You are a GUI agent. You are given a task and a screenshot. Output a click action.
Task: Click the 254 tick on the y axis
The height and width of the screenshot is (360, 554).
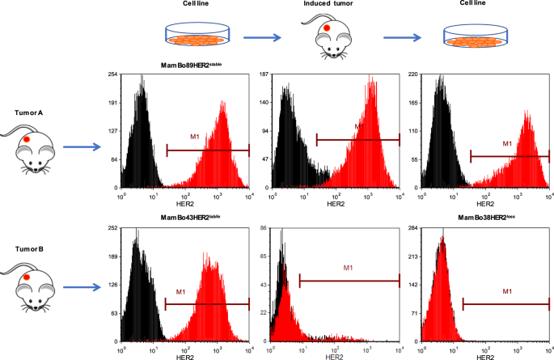[x=113, y=74]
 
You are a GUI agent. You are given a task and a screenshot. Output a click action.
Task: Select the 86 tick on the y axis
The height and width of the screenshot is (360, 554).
[x=264, y=229]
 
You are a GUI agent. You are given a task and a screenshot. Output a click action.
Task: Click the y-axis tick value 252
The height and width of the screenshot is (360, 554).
[x=113, y=229]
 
